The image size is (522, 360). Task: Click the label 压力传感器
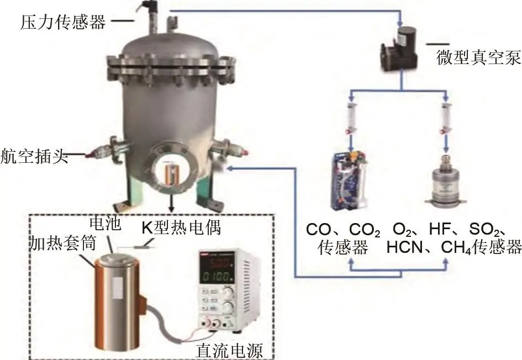click(63, 22)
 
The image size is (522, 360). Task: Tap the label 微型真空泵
click(478, 58)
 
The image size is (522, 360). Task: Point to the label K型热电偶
click(181, 228)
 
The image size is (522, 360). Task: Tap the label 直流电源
click(229, 351)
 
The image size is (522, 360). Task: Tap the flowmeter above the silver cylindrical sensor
click(445, 118)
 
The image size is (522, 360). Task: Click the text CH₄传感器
click(481, 247)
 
